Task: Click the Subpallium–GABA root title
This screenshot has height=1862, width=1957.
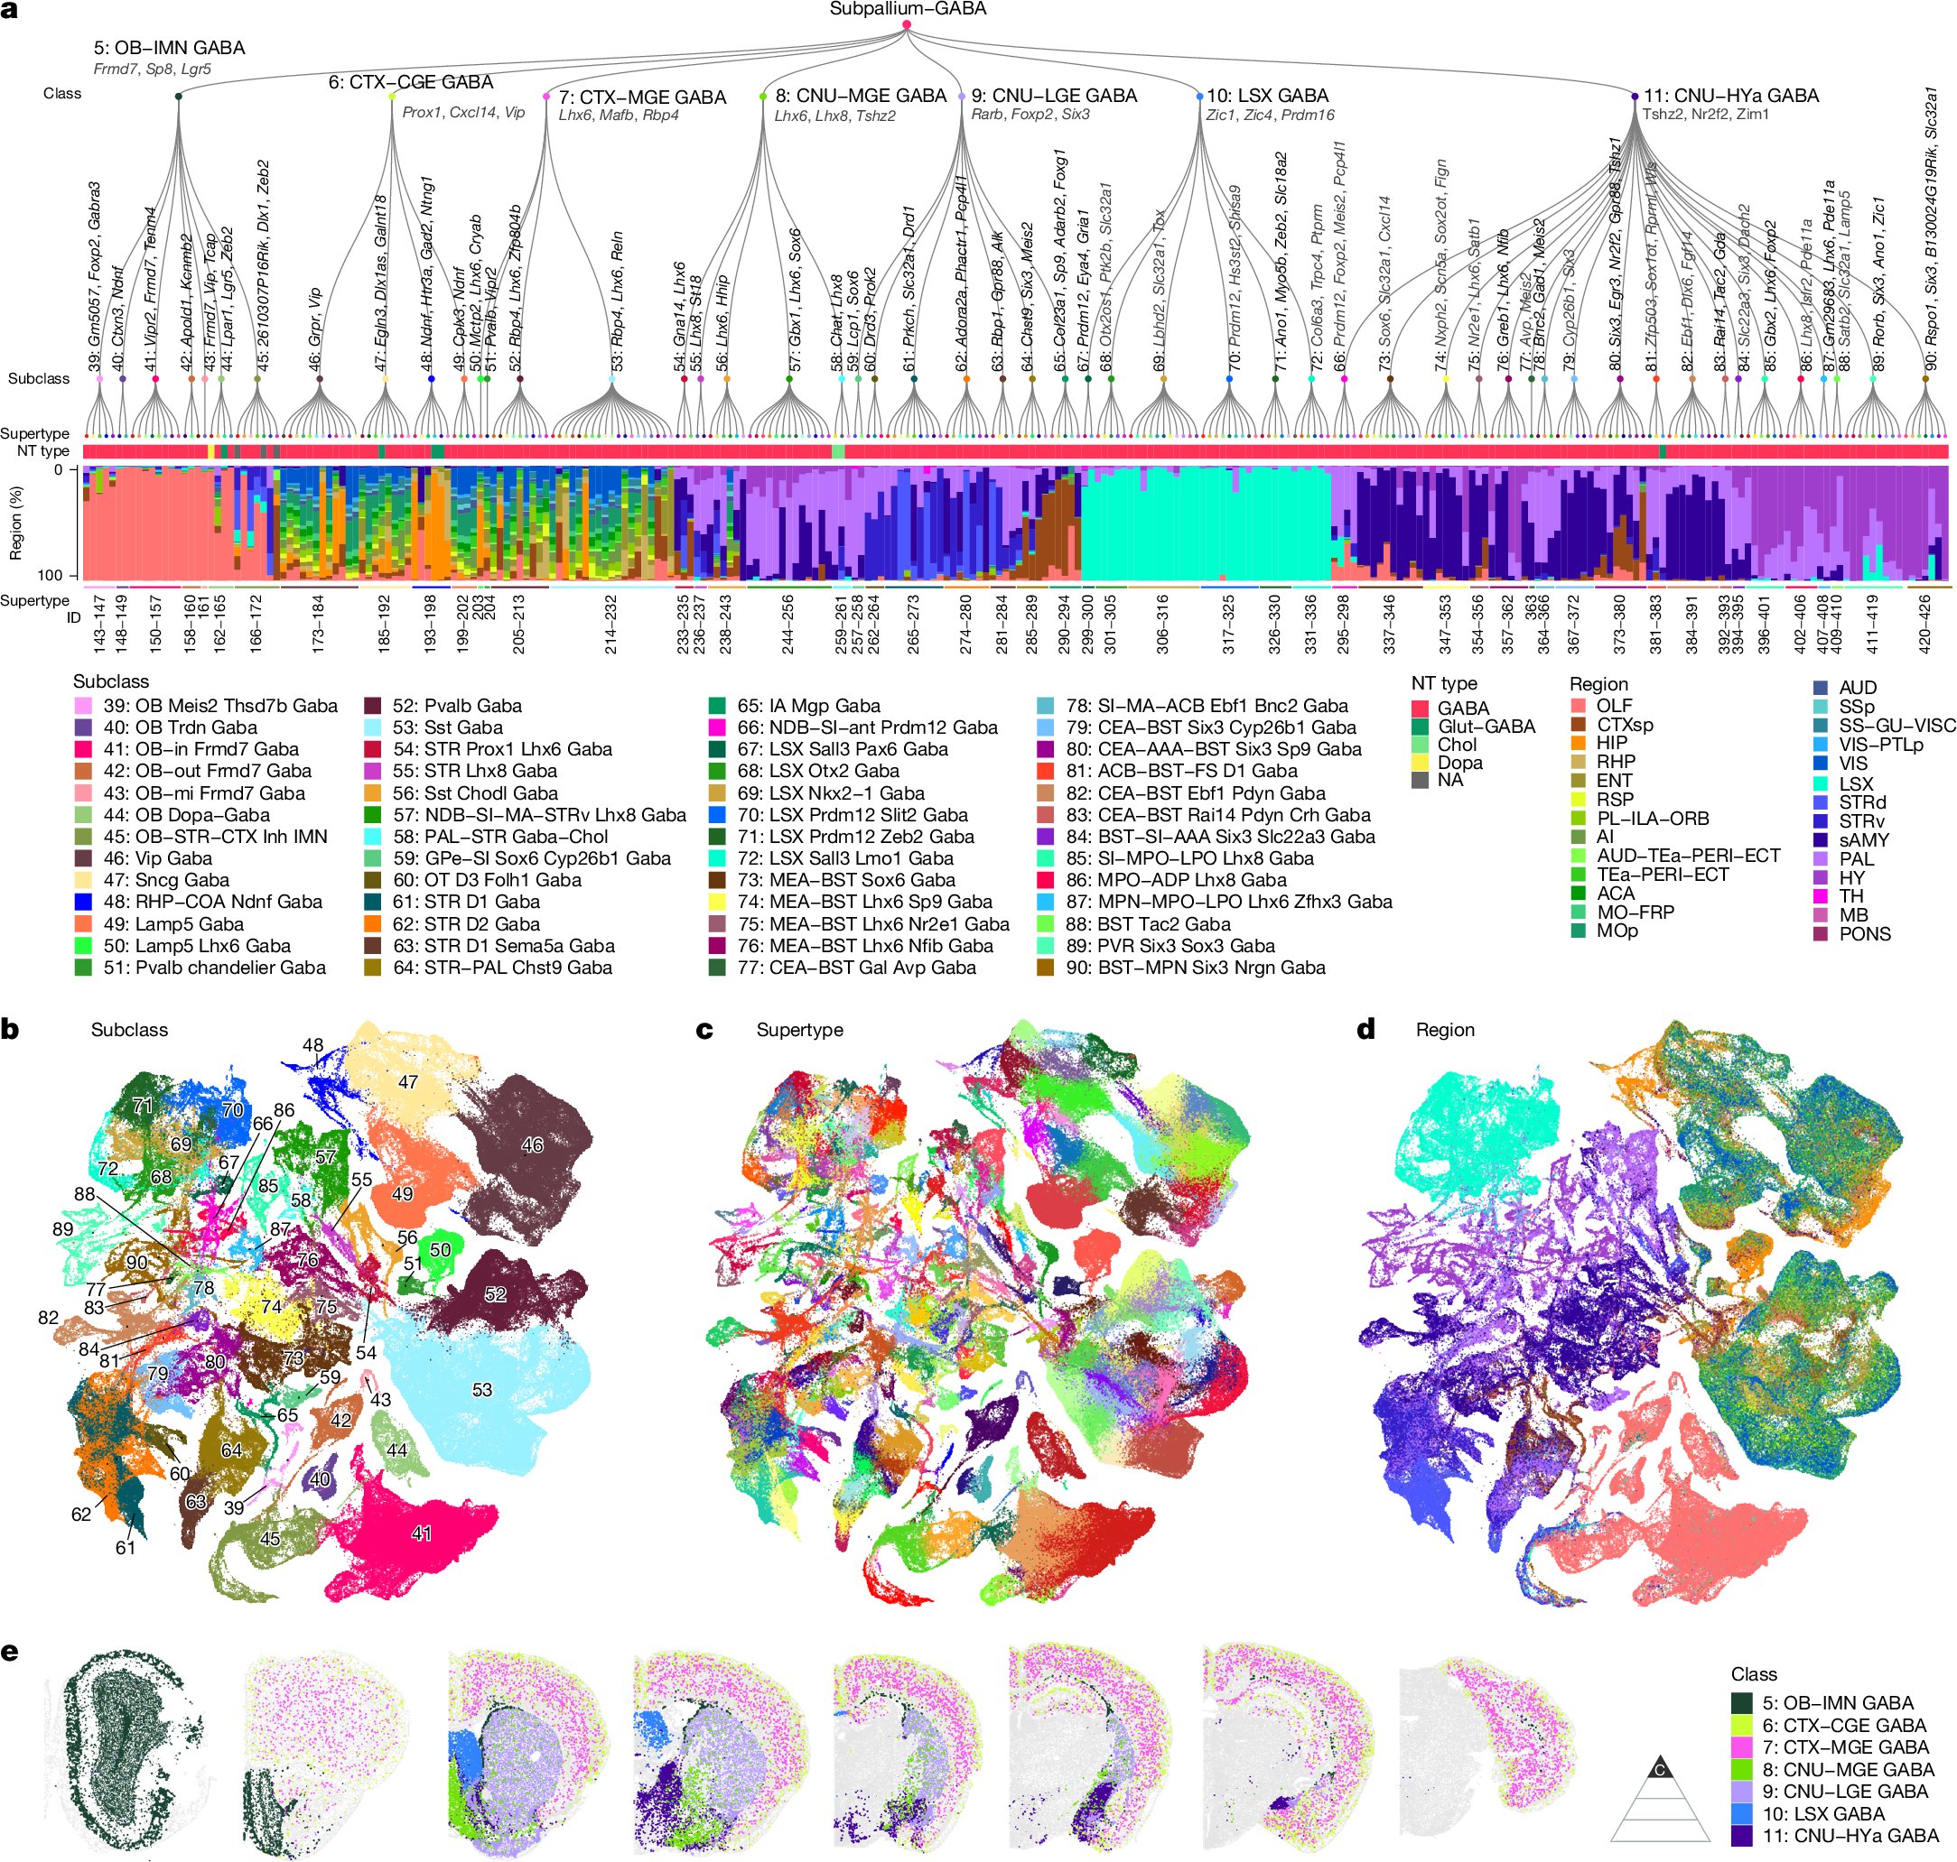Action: [908, 9]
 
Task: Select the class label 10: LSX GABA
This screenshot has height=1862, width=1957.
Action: [1267, 96]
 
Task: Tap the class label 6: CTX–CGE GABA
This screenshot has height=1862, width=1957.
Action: [410, 81]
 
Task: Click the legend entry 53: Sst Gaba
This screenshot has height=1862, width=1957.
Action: [447, 727]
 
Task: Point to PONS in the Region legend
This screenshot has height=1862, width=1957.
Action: [1864, 934]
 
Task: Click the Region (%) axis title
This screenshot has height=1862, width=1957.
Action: [14, 522]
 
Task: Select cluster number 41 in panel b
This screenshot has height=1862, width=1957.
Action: [421, 1533]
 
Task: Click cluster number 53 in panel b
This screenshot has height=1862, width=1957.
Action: [481, 1390]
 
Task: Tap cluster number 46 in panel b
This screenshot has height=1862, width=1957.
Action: [532, 1144]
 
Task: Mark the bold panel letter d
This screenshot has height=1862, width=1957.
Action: [1365, 1030]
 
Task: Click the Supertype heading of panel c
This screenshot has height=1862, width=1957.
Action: [799, 1030]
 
